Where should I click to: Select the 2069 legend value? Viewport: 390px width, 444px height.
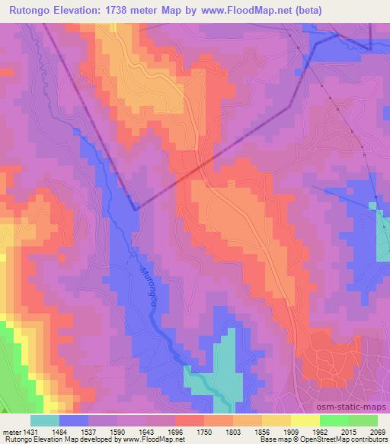(379, 431)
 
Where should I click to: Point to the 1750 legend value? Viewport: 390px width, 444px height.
(205, 431)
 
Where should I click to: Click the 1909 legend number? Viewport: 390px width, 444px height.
(292, 431)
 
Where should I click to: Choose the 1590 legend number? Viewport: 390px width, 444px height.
(118, 431)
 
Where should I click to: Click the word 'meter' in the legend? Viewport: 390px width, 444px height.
(11, 431)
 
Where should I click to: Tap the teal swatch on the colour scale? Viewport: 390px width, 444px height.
(45, 420)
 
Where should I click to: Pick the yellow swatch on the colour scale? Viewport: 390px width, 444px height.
(305, 420)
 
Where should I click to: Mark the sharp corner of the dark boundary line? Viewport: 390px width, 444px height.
(135, 208)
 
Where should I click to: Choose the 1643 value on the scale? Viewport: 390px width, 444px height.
(147, 431)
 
